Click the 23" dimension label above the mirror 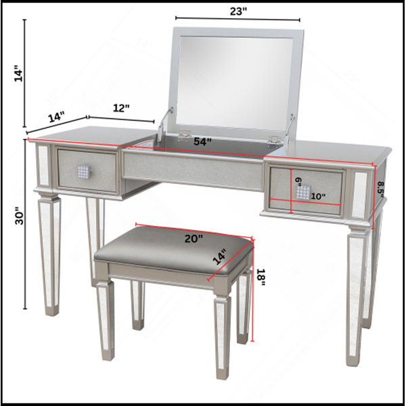[238, 11]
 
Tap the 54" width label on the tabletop [203, 141]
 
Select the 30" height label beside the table [19, 215]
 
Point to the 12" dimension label [121, 108]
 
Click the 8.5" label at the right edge [380, 189]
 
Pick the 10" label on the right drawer [318, 196]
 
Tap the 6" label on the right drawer [298, 181]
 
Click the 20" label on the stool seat [194, 238]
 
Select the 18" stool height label [261, 277]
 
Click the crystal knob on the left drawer [85, 172]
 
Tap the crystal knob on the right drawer [303, 192]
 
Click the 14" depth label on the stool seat [221, 256]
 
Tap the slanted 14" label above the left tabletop [56, 116]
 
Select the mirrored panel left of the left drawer [43, 165]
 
